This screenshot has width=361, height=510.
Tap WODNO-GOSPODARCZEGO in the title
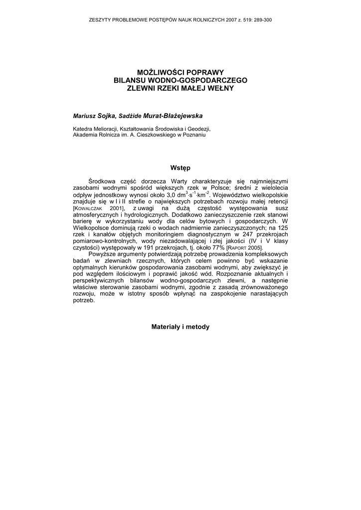(196, 80)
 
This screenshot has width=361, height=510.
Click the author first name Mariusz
(83, 116)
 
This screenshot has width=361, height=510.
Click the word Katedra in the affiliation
(83, 128)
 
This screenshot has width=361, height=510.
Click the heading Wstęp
(180, 168)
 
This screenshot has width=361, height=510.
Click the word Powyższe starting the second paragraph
(104, 254)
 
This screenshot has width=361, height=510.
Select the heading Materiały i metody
(180, 327)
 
